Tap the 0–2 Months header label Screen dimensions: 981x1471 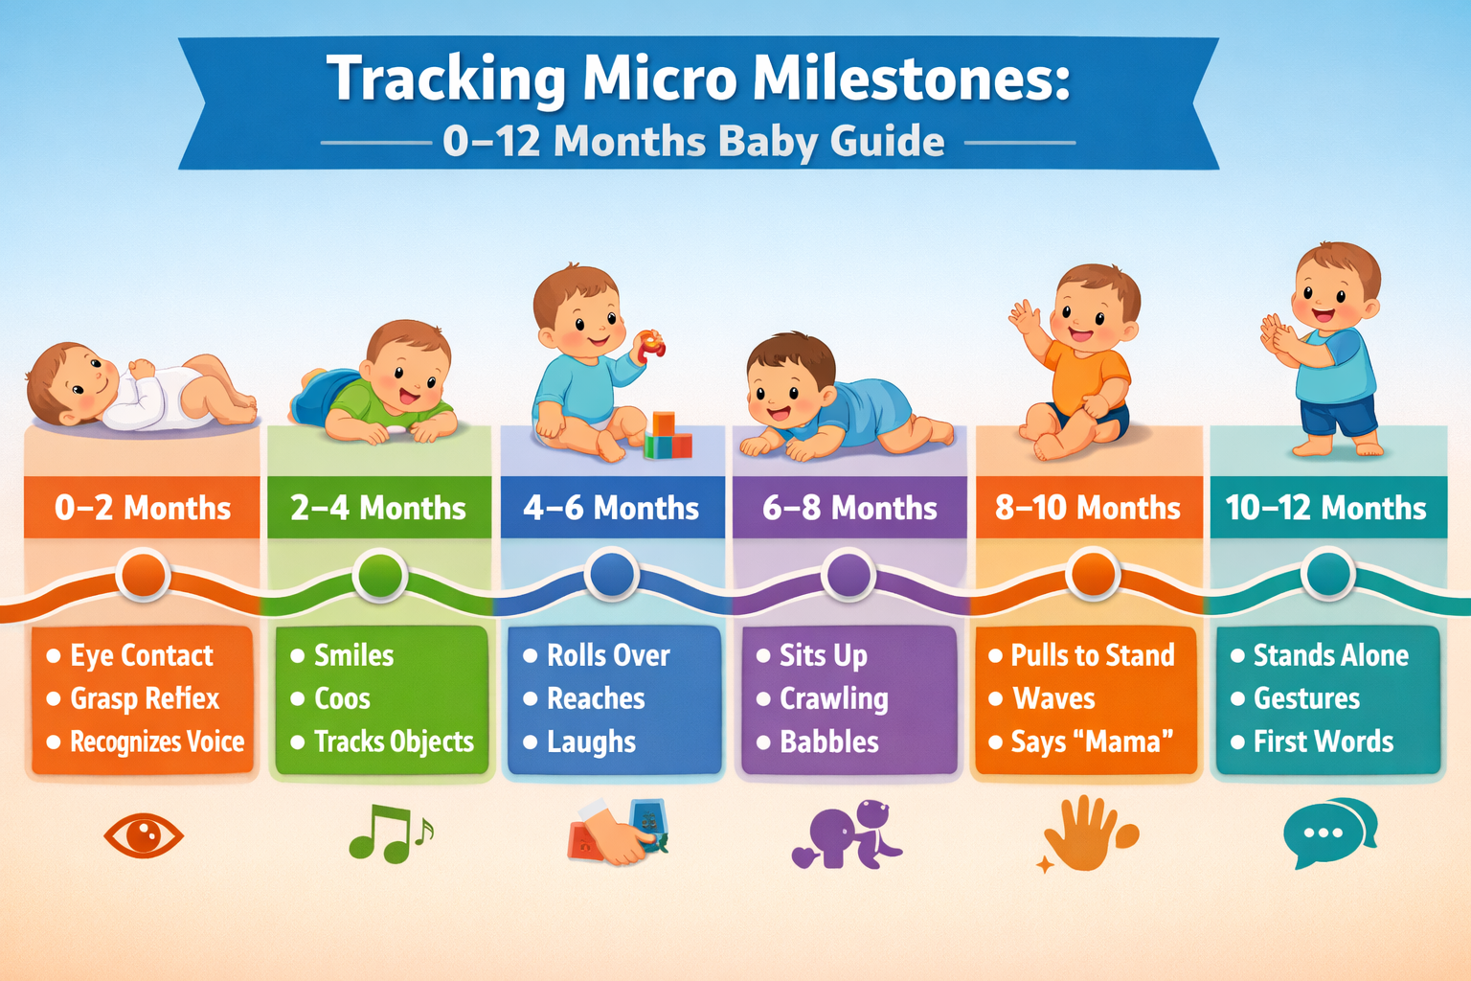[143, 508]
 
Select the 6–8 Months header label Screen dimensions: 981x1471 [849, 508]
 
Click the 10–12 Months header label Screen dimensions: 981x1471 [1326, 508]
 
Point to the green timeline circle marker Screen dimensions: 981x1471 [380, 576]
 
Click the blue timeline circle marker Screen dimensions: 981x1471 [613, 575]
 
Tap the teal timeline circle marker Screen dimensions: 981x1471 [1328, 575]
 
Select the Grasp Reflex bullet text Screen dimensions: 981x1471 [145, 698]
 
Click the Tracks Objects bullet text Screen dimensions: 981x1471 [394, 741]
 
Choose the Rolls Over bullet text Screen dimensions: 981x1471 [608, 655]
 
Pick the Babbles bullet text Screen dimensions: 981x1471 [829, 741]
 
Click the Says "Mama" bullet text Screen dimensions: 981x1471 [1092, 741]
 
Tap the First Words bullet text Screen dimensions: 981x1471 [1324, 741]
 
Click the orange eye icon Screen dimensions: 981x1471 [144, 835]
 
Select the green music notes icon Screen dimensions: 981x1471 [388, 833]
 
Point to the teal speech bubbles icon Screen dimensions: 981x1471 [1329, 832]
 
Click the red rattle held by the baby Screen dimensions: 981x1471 [651, 345]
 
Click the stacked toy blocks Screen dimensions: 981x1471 [668, 437]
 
